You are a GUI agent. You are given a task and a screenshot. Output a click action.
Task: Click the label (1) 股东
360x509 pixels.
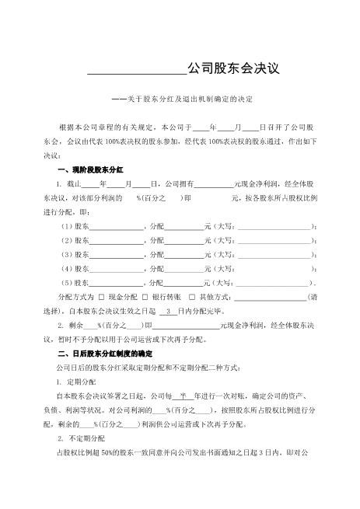[74, 225]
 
